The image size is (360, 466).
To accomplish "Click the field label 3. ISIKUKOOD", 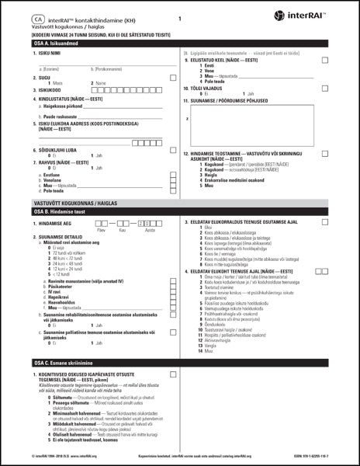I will [x=49, y=90].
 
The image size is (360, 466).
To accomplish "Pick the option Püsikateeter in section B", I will [x=62, y=286].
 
